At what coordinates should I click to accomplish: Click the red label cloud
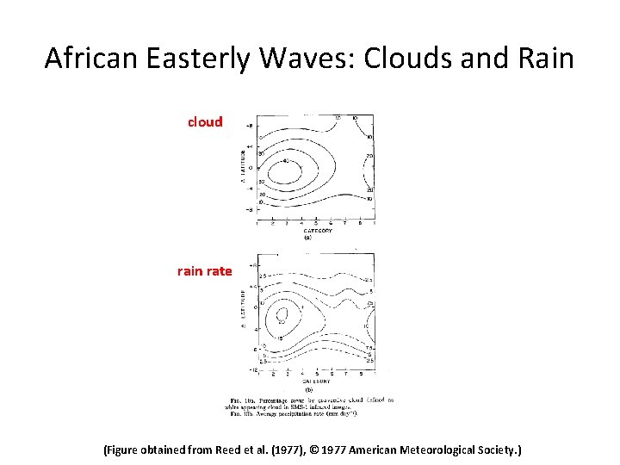click(205, 122)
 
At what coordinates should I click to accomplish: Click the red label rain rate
click(204, 271)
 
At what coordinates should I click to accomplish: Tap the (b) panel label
click(308, 388)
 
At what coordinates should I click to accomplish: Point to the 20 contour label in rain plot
click(282, 321)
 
